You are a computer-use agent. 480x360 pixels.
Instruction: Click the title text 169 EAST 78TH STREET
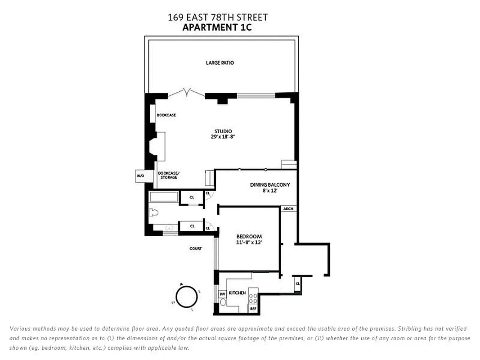coord(218,18)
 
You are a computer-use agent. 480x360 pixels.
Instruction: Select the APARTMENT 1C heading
coord(218,27)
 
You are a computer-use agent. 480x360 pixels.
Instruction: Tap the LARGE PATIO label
coord(220,63)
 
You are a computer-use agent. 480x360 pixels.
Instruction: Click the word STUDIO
coord(223,131)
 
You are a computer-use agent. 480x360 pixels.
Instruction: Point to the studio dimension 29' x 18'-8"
coord(223,136)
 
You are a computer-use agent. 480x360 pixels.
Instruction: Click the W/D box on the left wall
coord(140,176)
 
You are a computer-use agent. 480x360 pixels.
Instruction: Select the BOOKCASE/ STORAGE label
coord(168,175)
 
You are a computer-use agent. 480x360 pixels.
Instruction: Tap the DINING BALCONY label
coord(270,184)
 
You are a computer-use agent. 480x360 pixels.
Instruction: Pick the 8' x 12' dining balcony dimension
coord(270,190)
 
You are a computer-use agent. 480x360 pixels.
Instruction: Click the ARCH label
coord(288,209)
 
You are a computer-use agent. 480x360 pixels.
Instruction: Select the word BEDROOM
coord(249,237)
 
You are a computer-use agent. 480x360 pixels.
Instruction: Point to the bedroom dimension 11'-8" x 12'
coord(249,242)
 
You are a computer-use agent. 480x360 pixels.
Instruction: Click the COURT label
coord(196,248)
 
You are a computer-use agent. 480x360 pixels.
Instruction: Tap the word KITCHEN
coord(237,293)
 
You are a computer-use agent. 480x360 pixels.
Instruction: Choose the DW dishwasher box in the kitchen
coord(222,294)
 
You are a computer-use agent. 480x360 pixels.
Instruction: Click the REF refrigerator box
coord(253,309)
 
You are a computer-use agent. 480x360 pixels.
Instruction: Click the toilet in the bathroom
coord(154,213)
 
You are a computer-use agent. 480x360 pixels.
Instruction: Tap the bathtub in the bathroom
coord(164,197)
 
